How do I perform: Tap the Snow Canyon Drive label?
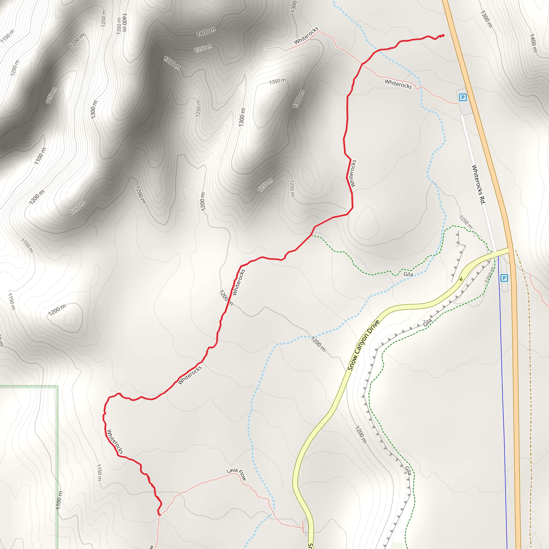pyautogui.click(x=363, y=345)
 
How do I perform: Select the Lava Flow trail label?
pyautogui.click(x=236, y=473)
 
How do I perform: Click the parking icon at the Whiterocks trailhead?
pyautogui.click(x=463, y=98)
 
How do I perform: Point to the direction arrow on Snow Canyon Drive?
pyautogui.click(x=461, y=279)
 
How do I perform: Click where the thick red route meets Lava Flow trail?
pyautogui.click(x=159, y=514)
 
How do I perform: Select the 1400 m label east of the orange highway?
pyautogui.click(x=533, y=43)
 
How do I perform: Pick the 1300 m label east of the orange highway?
pyautogui.click(x=486, y=19)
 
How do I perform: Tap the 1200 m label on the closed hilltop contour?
pyautogui.click(x=57, y=310)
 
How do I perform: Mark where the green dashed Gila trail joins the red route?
pyautogui.click(x=312, y=235)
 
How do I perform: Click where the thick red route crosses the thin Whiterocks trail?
pyautogui.click(x=362, y=64)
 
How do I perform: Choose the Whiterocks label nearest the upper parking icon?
pyautogui.click(x=398, y=84)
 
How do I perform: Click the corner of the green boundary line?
pyautogui.click(x=58, y=386)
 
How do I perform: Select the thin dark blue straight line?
pyautogui.click(x=502, y=398)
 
